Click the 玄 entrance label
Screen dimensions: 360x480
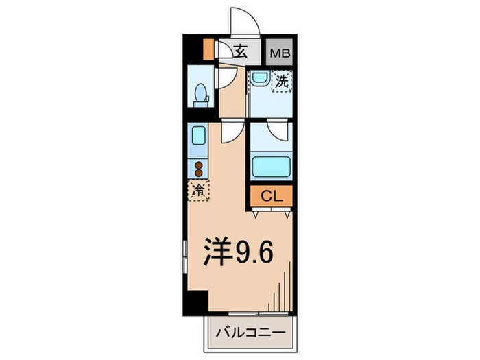tap(241, 50)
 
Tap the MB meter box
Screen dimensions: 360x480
tap(278, 50)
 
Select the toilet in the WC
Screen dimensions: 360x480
tap(201, 94)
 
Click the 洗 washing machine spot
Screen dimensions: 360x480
tap(282, 82)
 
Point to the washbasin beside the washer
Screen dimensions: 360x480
tap(259, 78)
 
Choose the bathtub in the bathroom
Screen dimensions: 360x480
tap(272, 167)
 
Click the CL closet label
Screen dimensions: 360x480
tap(272, 197)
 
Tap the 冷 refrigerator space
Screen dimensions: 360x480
tap(198, 191)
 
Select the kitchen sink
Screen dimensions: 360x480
tap(198, 136)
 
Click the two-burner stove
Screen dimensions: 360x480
tap(198, 169)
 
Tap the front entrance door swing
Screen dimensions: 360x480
tap(244, 21)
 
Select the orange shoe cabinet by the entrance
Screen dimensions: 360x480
tap(209, 49)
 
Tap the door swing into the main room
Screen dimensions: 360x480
tap(231, 133)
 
